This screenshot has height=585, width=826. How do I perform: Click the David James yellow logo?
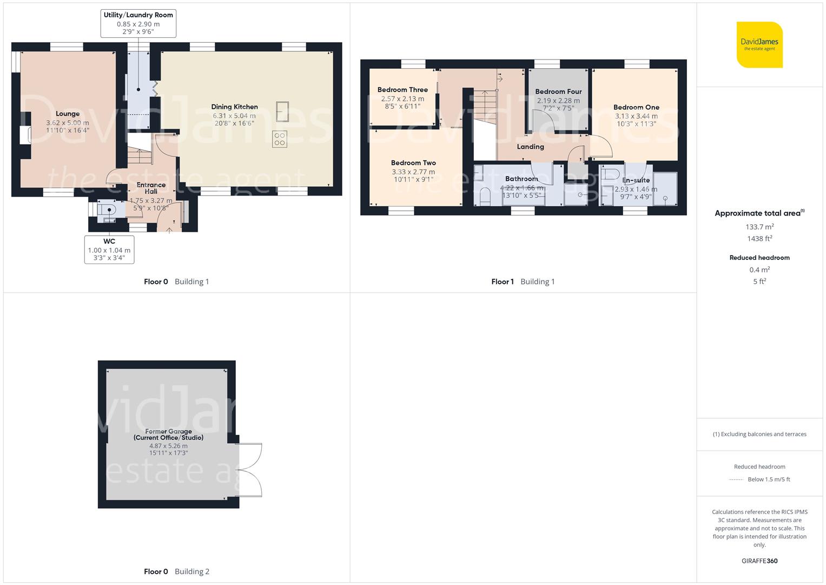[759, 44]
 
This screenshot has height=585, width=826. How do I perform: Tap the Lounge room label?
[68, 114]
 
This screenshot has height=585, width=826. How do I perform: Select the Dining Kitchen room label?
[234, 107]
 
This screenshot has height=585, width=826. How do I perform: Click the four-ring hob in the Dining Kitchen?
[280, 139]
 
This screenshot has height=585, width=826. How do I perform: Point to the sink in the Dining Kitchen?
[282, 112]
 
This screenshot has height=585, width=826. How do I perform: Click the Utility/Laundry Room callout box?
[138, 23]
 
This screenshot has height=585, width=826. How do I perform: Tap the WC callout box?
[109, 249]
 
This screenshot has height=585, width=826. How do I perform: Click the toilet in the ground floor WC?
[107, 210]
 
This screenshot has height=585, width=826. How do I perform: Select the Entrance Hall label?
[151, 188]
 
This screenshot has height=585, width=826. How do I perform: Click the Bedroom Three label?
[402, 90]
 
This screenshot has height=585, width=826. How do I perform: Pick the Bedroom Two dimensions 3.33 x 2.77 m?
[413, 172]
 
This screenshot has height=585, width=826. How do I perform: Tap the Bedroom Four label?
[558, 92]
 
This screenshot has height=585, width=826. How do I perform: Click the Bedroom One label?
[636, 107]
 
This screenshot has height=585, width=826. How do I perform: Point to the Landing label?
[530, 147]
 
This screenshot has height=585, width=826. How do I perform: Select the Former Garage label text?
[168, 434]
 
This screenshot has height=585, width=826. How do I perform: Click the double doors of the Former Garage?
[250, 470]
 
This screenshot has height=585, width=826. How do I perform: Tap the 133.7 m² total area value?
[759, 227]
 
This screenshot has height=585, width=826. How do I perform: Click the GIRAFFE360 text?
[759, 561]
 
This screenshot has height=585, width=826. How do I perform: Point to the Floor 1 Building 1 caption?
[523, 282]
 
